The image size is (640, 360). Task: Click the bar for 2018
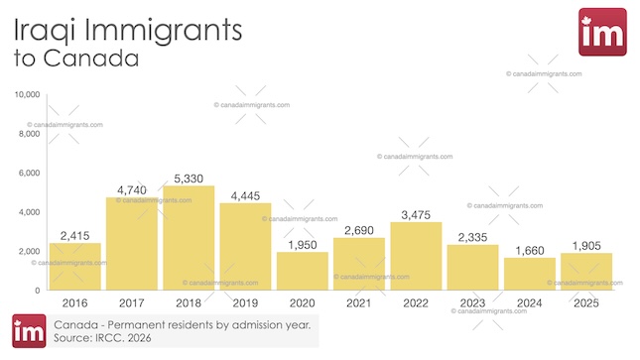tap(189, 238)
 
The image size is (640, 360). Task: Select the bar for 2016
tap(74, 266)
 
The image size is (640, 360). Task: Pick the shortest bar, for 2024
tap(530, 274)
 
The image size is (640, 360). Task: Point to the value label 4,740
tap(132, 188)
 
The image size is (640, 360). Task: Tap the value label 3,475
tap(417, 213)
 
